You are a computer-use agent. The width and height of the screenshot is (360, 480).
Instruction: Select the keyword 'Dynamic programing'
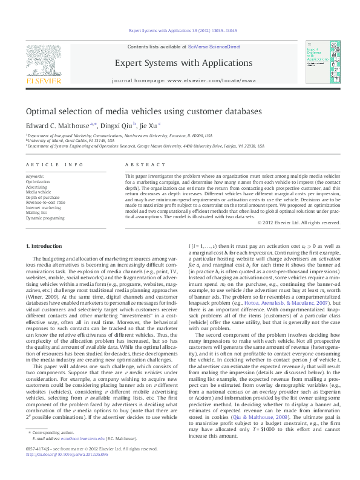45,218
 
